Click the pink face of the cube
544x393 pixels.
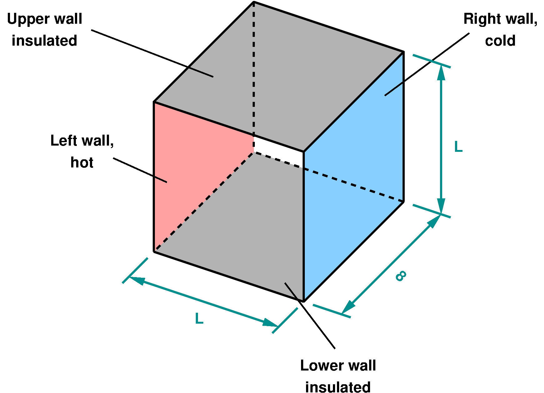click(x=200, y=169)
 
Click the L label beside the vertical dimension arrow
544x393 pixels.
click(x=458, y=147)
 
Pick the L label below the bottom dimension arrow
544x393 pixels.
click(x=199, y=319)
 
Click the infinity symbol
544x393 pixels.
click(x=401, y=276)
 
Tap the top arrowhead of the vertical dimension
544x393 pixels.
click(x=441, y=73)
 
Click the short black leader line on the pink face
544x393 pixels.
click(x=161, y=180)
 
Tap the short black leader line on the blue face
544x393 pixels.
click(x=393, y=89)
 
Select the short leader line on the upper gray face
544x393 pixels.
click(x=201, y=72)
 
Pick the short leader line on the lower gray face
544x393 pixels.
click(x=292, y=290)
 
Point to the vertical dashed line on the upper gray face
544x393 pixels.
click(x=254, y=69)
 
